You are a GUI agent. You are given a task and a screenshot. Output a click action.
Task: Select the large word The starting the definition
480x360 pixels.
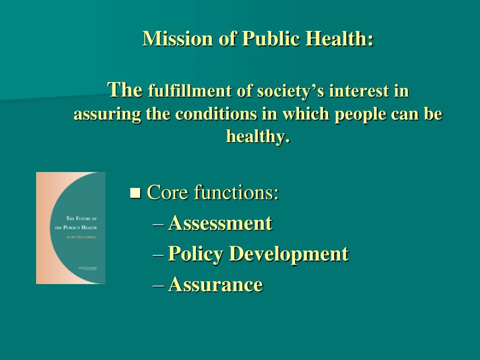pyautogui.click(x=125, y=89)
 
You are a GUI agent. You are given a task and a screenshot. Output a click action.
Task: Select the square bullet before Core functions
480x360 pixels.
pyautogui.click(x=135, y=193)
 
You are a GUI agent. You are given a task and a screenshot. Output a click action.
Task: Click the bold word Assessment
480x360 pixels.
pyautogui.click(x=220, y=223)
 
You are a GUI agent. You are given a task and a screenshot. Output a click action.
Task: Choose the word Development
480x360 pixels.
pyautogui.click(x=288, y=254)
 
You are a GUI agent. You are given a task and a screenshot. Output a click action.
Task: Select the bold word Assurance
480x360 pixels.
pyautogui.click(x=215, y=284)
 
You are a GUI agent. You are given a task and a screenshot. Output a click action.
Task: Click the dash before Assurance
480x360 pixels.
pyautogui.click(x=158, y=285)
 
